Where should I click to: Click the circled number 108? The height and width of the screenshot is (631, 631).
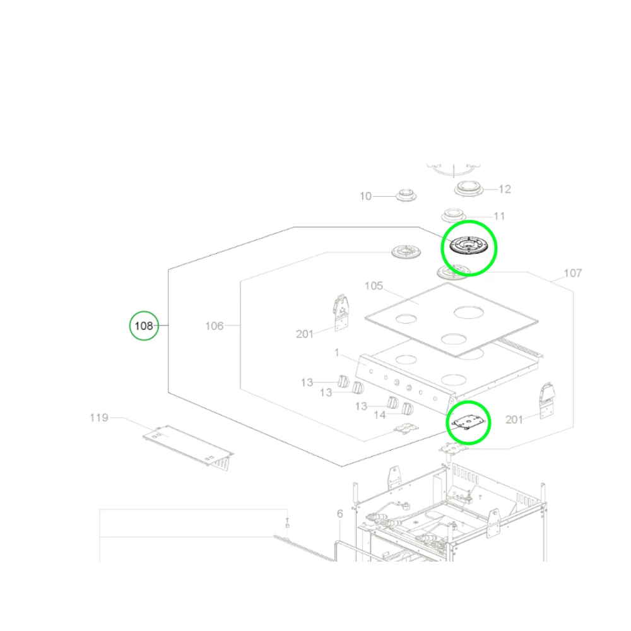coord(144,326)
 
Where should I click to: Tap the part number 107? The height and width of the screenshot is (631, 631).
coord(573,273)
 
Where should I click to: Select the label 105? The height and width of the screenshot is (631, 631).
coord(374,286)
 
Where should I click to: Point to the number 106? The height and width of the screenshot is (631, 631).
coord(215,326)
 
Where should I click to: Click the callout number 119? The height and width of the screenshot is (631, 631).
coord(99,418)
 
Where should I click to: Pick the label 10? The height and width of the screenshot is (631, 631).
coord(366,196)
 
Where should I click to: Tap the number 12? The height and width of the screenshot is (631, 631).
coord(505,189)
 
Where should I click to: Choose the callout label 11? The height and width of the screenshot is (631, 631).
coord(499,216)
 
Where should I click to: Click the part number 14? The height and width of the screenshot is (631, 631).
coord(380,415)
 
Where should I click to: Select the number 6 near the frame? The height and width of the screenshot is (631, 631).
coord(339,514)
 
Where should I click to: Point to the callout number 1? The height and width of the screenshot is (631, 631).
coord(338,351)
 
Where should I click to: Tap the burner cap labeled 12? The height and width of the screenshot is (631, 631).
coord(469,187)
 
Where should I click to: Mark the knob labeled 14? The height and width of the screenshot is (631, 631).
coord(408,410)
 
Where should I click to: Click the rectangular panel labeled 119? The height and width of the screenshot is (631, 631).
coord(186,445)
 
